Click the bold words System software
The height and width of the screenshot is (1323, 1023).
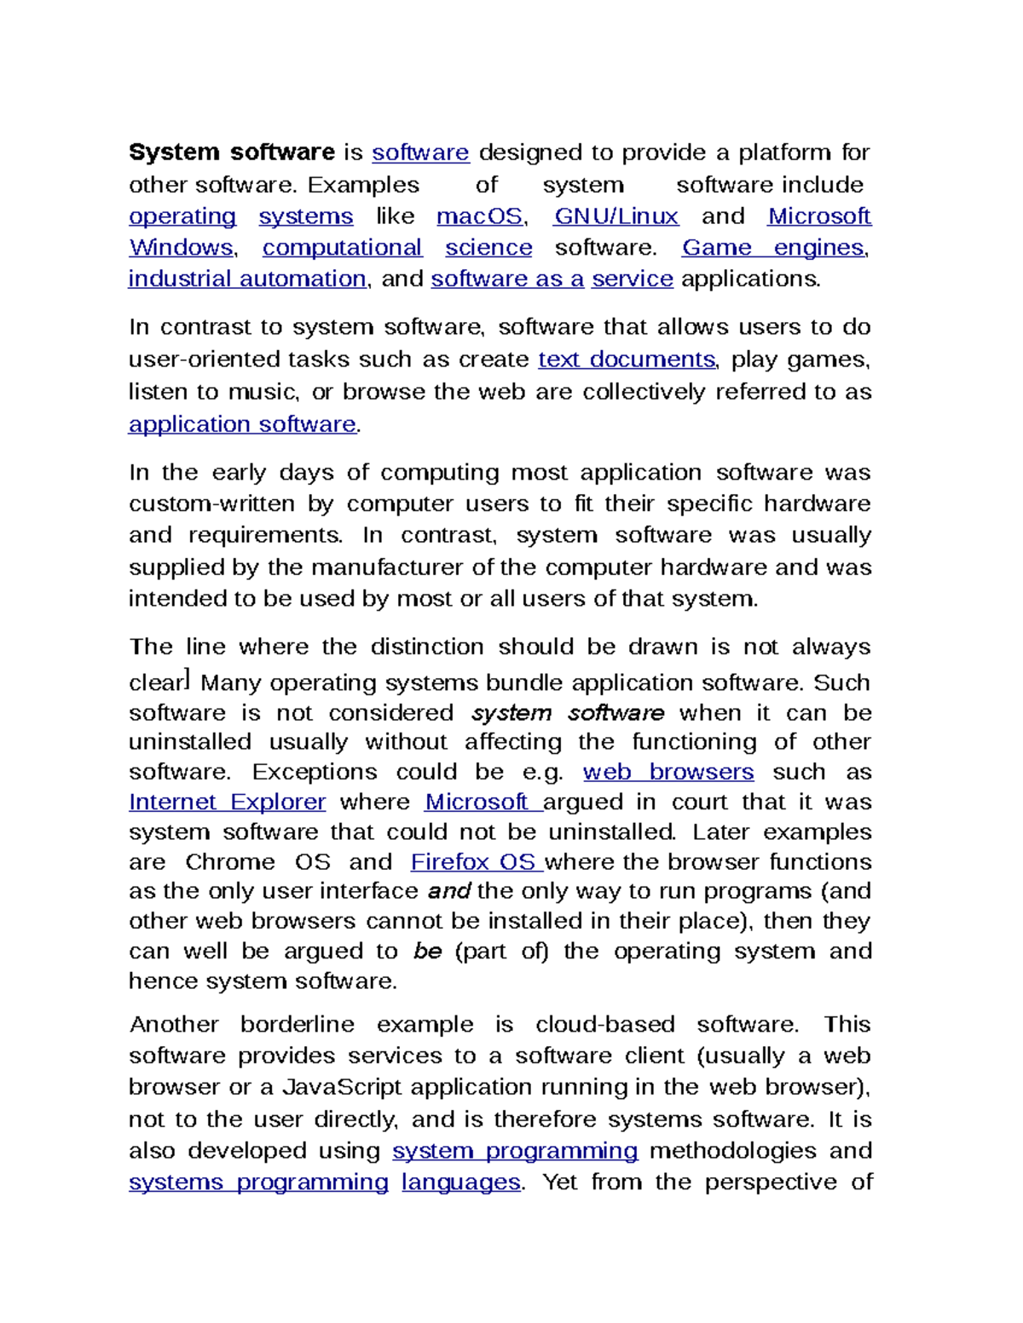(x=231, y=152)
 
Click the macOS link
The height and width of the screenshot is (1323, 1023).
(x=479, y=216)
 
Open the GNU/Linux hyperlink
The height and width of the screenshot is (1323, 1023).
(x=616, y=216)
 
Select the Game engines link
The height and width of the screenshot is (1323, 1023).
(x=773, y=248)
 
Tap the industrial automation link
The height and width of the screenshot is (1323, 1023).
(x=247, y=279)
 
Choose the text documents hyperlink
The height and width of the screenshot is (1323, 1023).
(x=627, y=360)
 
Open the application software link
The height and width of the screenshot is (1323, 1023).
(x=242, y=424)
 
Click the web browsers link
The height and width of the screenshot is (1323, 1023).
(x=668, y=772)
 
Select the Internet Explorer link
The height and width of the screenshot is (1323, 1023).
(x=227, y=802)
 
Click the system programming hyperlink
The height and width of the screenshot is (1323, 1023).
(x=515, y=1151)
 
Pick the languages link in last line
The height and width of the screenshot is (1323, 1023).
(x=460, y=1182)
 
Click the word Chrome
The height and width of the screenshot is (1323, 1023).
(x=230, y=861)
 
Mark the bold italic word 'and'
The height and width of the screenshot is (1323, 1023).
(x=448, y=891)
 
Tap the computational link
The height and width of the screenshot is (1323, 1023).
(x=342, y=248)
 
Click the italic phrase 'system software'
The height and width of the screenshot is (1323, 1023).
(x=568, y=712)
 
